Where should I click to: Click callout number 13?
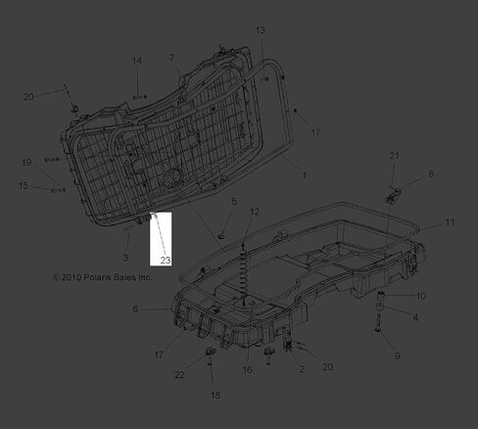[261, 30]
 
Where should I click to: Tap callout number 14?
[137, 61]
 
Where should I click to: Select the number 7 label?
[171, 58]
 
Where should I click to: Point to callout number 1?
[305, 175]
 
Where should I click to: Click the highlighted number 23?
[166, 261]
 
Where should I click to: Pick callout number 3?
[125, 258]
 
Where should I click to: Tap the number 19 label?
[26, 163]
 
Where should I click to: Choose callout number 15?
[24, 185]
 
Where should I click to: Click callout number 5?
[234, 201]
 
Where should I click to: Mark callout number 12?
[255, 212]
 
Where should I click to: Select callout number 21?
[395, 156]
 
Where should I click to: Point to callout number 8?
[431, 173]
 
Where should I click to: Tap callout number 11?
[450, 222]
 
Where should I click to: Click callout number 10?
[421, 296]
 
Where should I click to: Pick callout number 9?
[397, 356]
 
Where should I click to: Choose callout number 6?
[135, 309]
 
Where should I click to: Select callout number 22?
[179, 375]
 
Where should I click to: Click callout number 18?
[215, 395]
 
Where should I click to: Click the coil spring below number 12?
[244, 272]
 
